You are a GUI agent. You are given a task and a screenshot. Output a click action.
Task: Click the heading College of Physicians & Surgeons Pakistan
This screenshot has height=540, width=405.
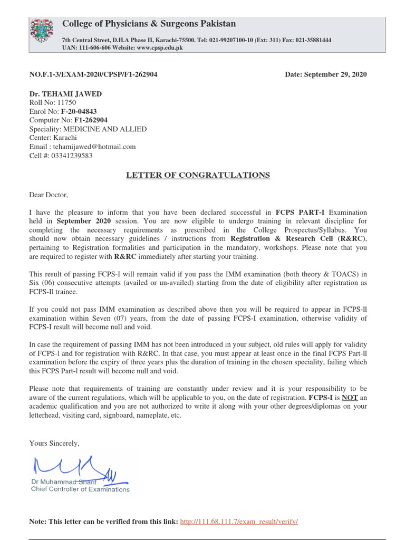pyautogui.click(x=149, y=24)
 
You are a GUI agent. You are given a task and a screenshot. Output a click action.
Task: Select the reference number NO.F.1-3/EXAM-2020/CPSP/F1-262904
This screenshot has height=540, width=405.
pyautogui.click(x=93, y=74)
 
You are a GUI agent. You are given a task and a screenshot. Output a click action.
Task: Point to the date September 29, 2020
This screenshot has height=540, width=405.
pyautogui.click(x=326, y=74)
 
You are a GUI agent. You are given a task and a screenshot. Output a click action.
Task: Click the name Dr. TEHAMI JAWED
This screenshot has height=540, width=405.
pyautogui.click(x=65, y=94)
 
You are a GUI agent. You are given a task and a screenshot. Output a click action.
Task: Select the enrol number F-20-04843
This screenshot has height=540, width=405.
pyautogui.click(x=79, y=112)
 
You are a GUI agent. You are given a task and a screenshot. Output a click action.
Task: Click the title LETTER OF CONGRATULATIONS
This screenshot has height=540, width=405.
pyautogui.click(x=198, y=175)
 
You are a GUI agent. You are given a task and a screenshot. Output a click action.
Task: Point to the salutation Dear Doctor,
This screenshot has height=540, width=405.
pyautogui.click(x=49, y=195)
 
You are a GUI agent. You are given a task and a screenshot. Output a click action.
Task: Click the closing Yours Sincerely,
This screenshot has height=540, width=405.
pyautogui.click(x=54, y=443)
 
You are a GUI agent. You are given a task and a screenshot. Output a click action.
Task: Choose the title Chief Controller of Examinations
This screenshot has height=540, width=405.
pyautogui.click(x=80, y=489)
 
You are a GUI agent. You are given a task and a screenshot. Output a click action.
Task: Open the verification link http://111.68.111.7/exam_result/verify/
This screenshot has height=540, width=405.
pyautogui.click(x=239, y=522)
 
